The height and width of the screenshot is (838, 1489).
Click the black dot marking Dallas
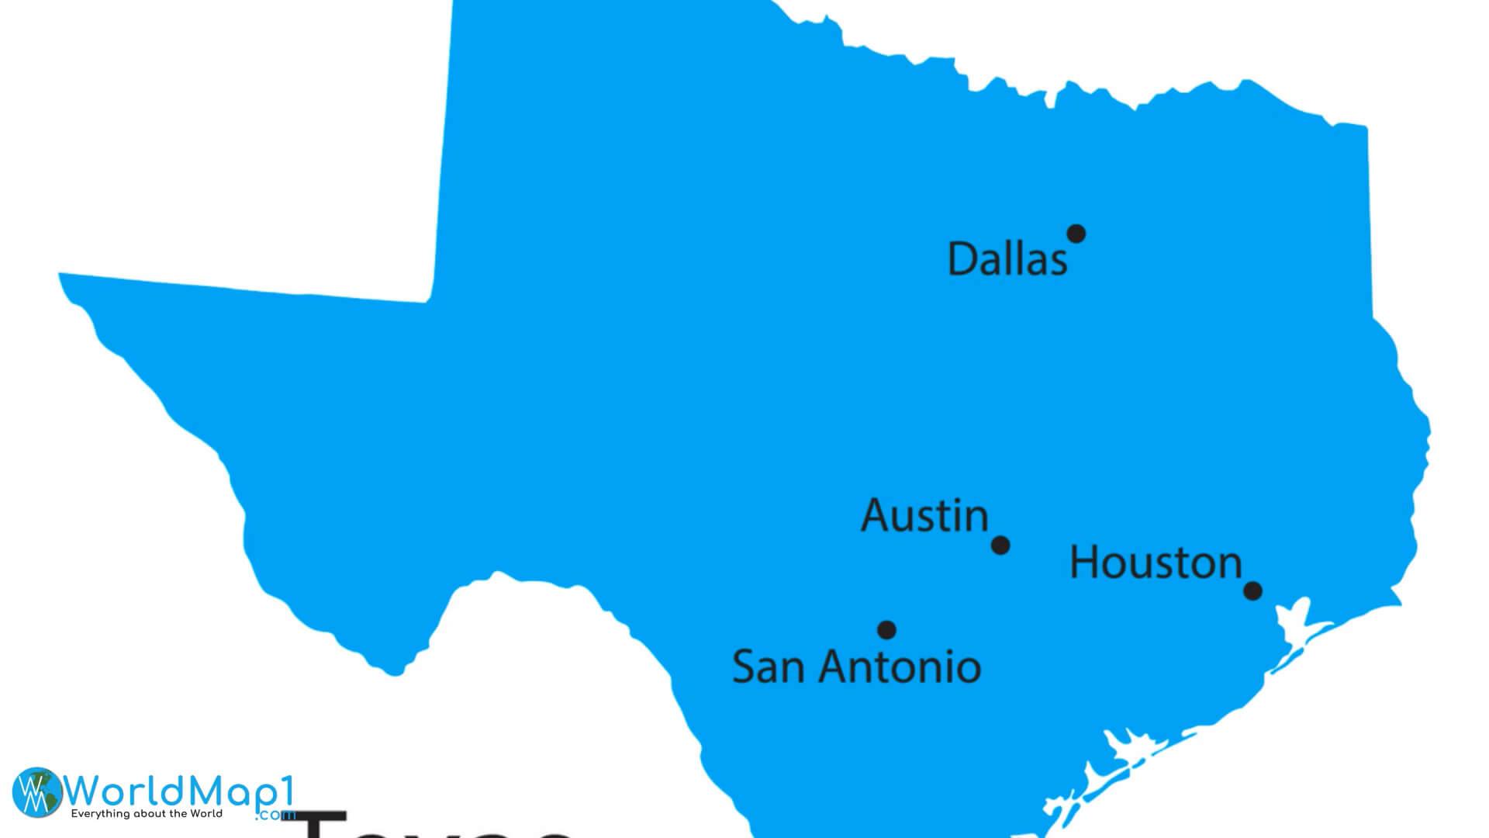1076,234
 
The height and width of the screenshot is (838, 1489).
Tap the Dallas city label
1007,259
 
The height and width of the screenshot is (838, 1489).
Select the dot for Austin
1000,545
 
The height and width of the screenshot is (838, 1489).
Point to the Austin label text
924,516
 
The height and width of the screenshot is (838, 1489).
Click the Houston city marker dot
1252,591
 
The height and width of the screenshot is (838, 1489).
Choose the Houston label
1156,563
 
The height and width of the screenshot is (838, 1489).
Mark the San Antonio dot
886,630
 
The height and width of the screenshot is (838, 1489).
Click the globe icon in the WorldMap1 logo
36,792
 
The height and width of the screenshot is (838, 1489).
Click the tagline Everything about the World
147,814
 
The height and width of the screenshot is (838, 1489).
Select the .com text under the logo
275,815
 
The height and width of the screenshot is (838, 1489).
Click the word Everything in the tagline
100,814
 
